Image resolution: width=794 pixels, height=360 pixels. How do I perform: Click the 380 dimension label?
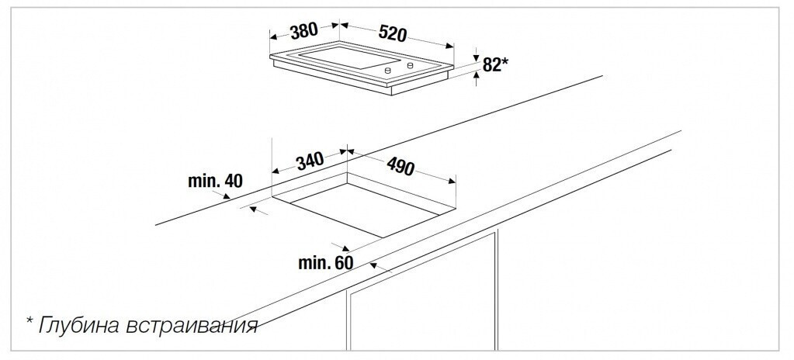click(303, 31)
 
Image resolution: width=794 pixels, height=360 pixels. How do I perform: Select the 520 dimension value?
click(393, 33)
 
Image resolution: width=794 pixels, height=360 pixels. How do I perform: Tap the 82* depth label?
click(494, 65)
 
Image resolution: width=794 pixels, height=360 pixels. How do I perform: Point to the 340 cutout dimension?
click(310, 161)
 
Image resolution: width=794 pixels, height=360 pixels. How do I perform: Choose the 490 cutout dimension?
click(400, 166)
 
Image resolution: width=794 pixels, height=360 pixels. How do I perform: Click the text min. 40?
click(215, 181)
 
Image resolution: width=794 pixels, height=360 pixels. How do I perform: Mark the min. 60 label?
click(326, 263)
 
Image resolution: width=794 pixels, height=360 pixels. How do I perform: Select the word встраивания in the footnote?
click(192, 326)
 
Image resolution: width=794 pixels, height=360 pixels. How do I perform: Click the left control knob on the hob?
click(388, 71)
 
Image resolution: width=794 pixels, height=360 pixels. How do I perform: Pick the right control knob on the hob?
click(410, 65)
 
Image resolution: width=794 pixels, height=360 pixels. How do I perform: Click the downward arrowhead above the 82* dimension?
click(476, 58)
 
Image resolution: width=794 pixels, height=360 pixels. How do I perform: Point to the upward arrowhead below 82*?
click(476, 75)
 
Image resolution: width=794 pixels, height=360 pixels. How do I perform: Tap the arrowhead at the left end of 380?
click(274, 36)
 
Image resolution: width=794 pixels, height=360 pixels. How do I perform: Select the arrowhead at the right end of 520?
click(449, 46)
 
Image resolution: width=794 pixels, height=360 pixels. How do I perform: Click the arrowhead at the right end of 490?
click(452, 181)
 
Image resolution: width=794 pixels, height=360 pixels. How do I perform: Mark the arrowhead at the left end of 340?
click(276, 171)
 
